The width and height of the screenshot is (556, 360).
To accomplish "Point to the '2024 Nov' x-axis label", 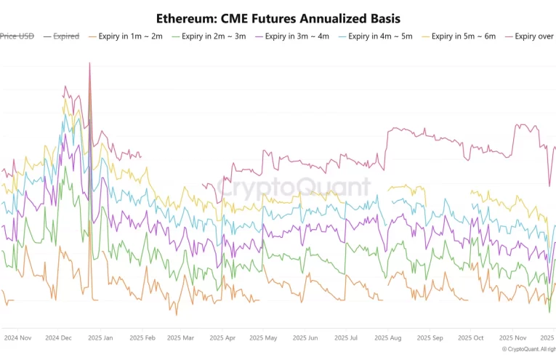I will pos(17,338).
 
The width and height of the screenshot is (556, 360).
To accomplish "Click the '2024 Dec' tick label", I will pos(58,338).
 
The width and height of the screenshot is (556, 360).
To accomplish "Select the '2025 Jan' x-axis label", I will pos(100,338).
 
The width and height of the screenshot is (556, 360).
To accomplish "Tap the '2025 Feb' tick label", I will pos(141,338).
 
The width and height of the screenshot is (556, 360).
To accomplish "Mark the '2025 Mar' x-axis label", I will pos(180,338).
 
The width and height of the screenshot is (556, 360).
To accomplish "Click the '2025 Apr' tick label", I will pos(222,338).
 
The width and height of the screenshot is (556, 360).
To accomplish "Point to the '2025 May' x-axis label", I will pos(263,338).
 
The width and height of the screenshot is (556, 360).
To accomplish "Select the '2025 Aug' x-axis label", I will pos(387,338).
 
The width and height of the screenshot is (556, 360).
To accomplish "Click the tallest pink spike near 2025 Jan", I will pos(89,63).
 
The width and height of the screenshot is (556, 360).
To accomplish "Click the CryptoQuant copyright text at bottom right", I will pos(528,350).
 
